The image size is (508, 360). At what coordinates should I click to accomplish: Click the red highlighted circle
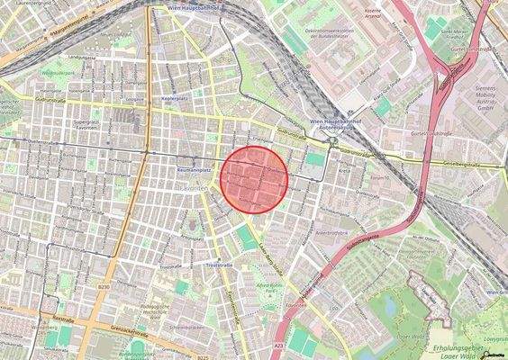[x=254, y=179]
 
